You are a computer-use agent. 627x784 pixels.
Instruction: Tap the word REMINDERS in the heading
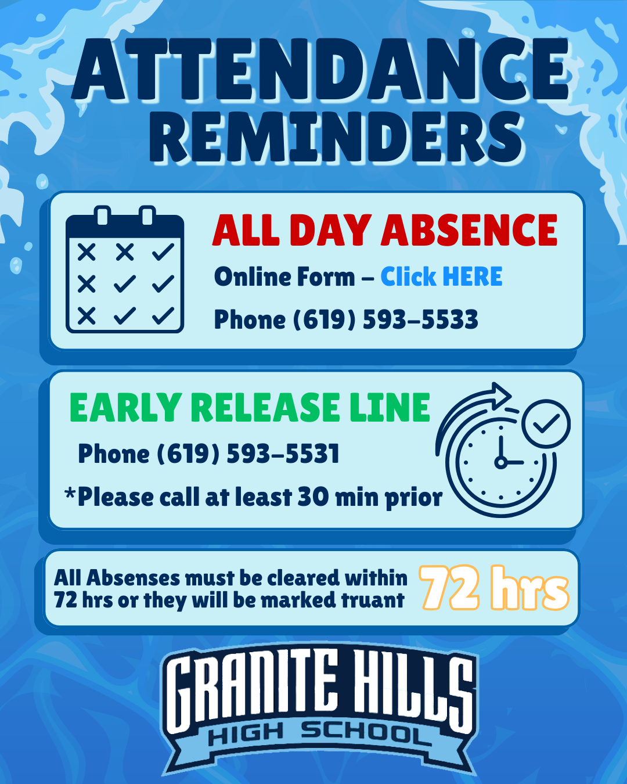pyautogui.click(x=337, y=138)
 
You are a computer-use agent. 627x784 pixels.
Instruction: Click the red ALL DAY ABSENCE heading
pyautogui.click(x=384, y=230)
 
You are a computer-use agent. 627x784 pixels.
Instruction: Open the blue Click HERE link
pyautogui.click(x=441, y=277)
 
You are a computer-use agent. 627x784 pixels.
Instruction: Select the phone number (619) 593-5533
pyautogui.click(x=385, y=320)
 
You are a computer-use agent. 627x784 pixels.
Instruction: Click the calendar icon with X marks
pyautogui.click(x=125, y=270)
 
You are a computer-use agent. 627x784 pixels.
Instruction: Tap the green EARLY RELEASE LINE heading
pyautogui.click(x=250, y=408)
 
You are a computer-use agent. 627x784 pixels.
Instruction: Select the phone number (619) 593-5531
pyautogui.click(x=248, y=454)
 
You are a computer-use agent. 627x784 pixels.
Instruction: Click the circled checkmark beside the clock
pyautogui.click(x=546, y=423)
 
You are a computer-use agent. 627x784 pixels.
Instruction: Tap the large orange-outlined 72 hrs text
pyautogui.click(x=494, y=588)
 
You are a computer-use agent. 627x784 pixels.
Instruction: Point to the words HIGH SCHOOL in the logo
pyautogui.click(x=319, y=734)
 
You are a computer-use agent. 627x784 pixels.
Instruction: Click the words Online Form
pyautogui.click(x=284, y=277)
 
